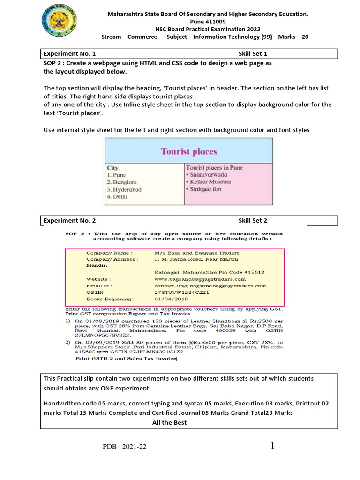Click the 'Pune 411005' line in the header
[208, 22]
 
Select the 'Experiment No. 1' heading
[69, 54]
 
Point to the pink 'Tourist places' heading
[189, 151]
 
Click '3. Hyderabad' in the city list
[124, 189]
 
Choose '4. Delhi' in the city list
[117, 197]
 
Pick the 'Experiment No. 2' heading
[69, 220]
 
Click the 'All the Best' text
[169, 422]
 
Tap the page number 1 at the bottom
[272, 446]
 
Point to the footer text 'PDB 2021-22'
[125, 447]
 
